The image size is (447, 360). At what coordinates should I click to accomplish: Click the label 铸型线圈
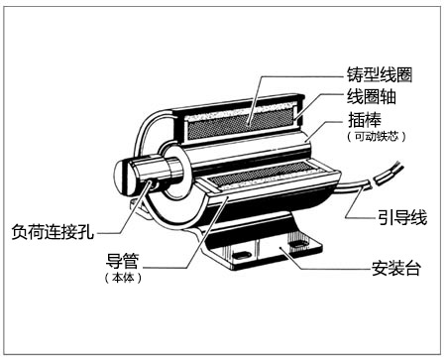(380, 74)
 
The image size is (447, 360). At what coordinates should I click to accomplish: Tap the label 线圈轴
(371, 97)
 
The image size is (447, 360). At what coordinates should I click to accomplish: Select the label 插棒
(365, 120)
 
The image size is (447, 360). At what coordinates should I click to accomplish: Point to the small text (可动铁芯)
(377, 136)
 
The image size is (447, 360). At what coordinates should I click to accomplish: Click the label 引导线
(402, 217)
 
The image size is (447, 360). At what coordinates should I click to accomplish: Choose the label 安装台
(395, 268)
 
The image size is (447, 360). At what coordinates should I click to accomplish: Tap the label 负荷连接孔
(53, 231)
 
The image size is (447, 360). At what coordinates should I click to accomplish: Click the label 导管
(122, 261)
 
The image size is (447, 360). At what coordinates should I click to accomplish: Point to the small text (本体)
(123, 278)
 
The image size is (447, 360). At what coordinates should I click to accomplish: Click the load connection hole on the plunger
(152, 182)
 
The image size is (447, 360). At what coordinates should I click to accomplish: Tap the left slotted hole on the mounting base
(242, 255)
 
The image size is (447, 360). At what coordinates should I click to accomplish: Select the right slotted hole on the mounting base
(299, 246)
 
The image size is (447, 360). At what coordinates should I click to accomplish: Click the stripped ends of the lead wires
(388, 173)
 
